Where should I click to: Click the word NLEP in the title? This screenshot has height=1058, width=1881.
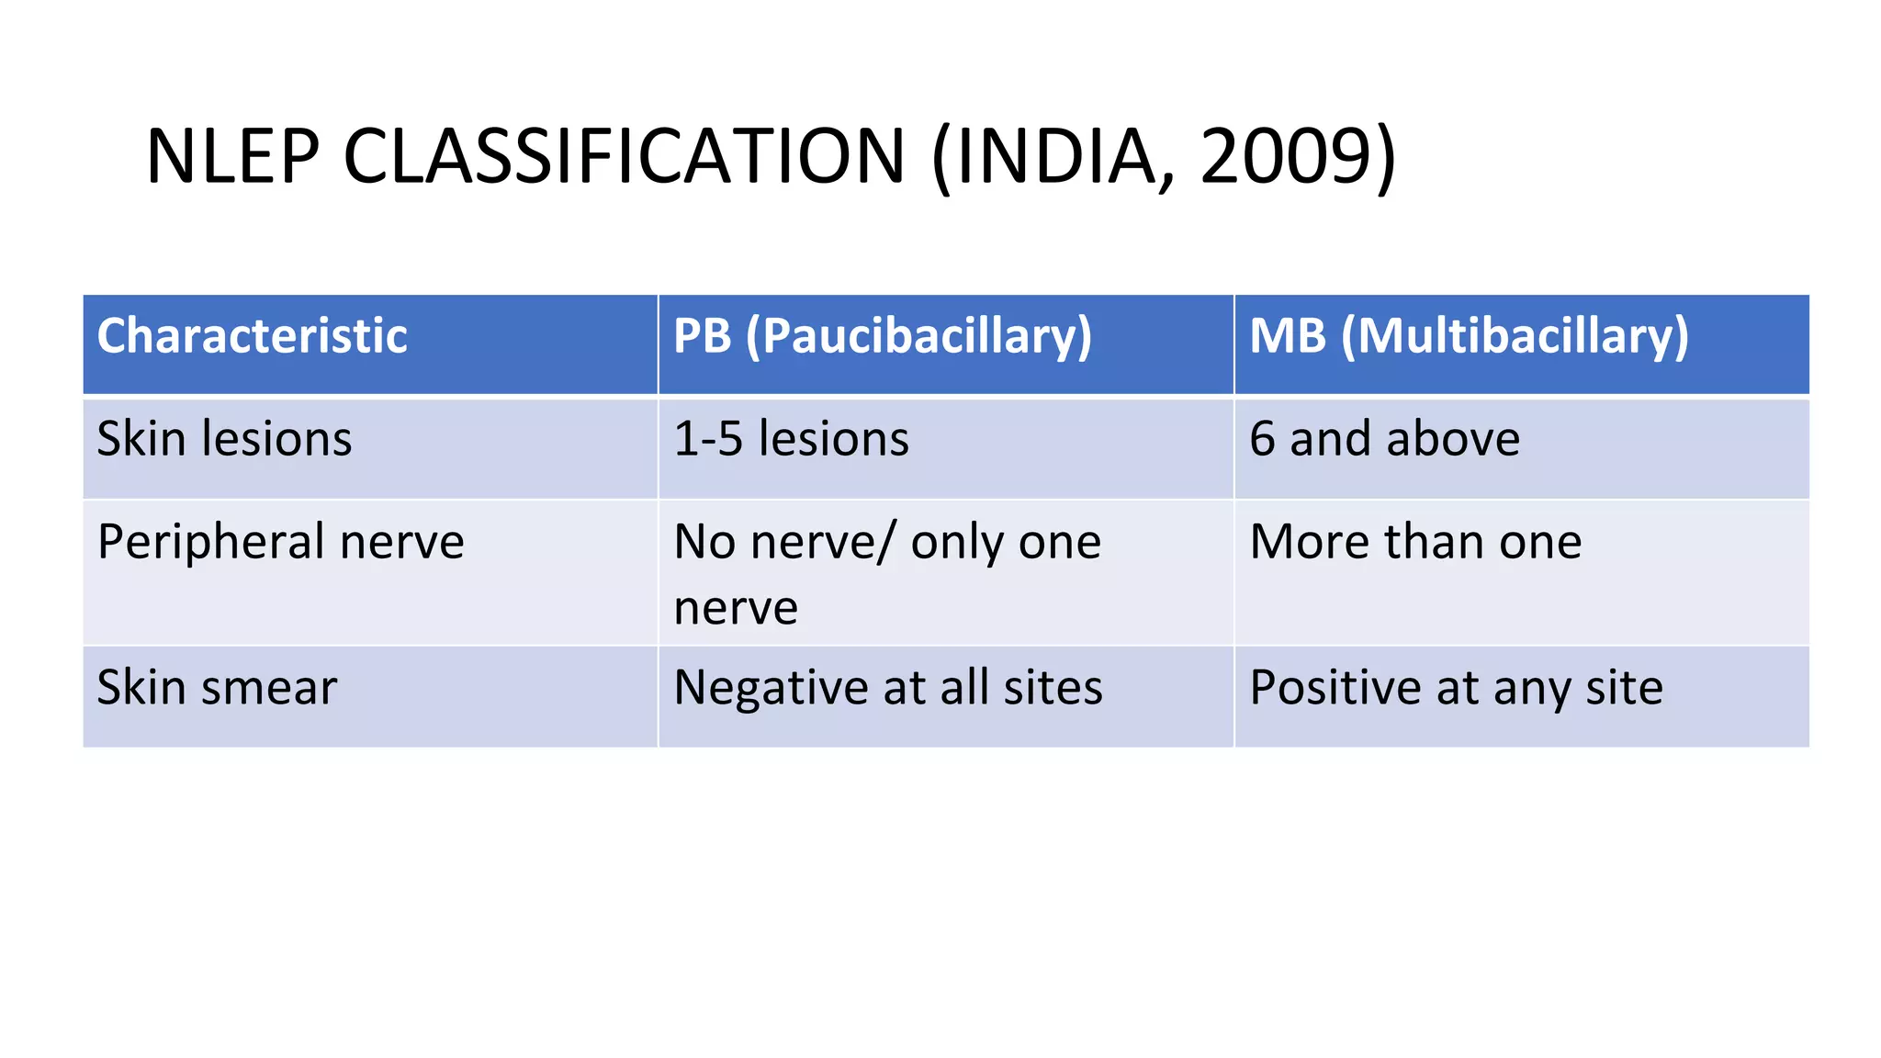click(232, 156)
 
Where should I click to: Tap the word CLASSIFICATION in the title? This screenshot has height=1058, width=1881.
click(625, 156)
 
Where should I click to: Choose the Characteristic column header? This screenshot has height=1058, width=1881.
click(252, 336)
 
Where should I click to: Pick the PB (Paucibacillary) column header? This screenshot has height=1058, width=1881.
click(883, 336)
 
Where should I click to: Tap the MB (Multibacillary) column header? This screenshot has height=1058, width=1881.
click(1469, 336)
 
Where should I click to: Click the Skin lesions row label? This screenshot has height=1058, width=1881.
click(224, 439)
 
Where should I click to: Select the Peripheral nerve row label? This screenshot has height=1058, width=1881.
click(280, 542)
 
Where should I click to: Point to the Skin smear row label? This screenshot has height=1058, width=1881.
click(217, 688)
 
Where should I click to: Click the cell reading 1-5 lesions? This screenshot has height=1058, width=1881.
click(791, 439)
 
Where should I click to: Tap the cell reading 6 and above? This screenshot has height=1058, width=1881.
click(1384, 439)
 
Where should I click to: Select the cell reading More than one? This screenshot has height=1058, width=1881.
click(1415, 542)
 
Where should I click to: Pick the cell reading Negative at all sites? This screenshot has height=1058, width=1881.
click(887, 688)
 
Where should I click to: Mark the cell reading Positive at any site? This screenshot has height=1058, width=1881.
click(1456, 688)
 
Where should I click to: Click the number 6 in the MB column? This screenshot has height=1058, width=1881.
click(1262, 439)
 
